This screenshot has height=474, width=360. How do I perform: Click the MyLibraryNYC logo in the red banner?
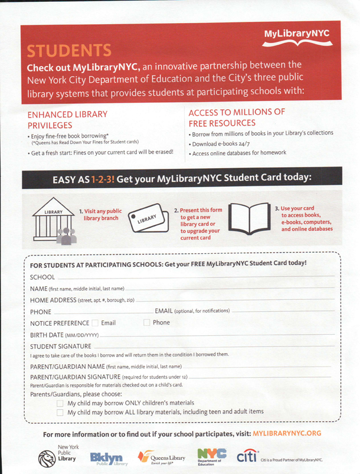click(x=296, y=37)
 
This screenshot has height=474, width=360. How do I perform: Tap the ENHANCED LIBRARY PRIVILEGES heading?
click(x=67, y=119)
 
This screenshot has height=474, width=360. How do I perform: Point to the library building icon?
click(x=58, y=227)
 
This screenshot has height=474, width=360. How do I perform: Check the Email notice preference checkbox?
click(x=95, y=323)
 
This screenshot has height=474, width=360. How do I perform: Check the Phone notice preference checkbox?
click(x=147, y=323)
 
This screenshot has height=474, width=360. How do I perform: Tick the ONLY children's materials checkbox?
click(x=60, y=403)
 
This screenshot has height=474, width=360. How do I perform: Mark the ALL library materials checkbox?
click(x=60, y=413)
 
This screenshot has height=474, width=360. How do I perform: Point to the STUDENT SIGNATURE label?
click(x=61, y=346)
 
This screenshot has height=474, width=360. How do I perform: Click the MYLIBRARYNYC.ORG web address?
click(x=287, y=434)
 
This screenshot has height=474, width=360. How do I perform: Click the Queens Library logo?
click(x=160, y=458)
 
